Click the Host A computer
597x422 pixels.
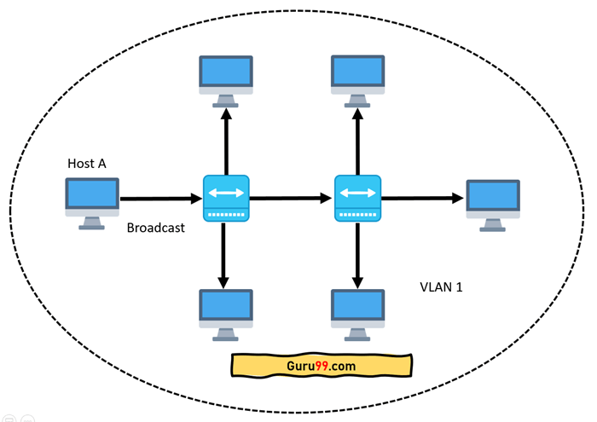(x=92, y=201)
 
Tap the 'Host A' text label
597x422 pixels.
(x=87, y=163)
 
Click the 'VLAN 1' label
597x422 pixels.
(x=442, y=287)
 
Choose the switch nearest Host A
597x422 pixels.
(x=225, y=199)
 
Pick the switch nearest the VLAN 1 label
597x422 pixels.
(x=357, y=199)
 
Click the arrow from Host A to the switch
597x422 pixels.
(x=162, y=199)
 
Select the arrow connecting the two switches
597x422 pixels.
(x=291, y=199)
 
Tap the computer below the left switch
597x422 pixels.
(x=226, y=311)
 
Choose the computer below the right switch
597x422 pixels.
(x=358, y=311)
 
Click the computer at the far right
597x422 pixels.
(x=493, y=203)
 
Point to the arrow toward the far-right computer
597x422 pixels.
(x=422, y=199)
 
